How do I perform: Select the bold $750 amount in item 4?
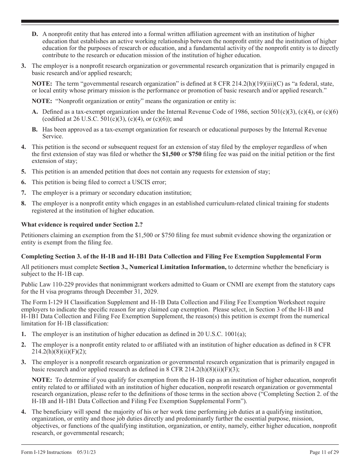195,154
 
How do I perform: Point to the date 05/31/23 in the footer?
85,452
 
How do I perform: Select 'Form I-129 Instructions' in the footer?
47,452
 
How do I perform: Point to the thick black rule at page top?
180,22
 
